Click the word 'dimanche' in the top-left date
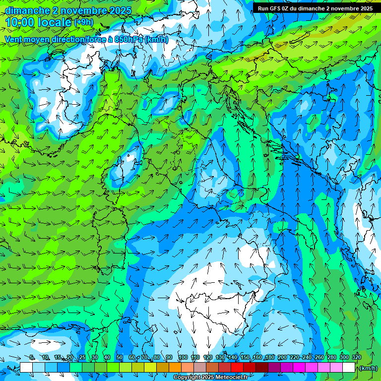[x=27, y=10]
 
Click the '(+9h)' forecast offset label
[x=84, y=22]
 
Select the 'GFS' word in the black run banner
[x=276, y=8]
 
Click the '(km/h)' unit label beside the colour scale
[x=368, y=368]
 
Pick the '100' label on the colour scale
[x=183, y=358]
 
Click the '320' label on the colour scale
[x=356, y=358]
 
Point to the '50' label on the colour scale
[x=120, y=358]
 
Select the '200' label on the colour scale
[x=282, y=358]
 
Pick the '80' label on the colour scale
[x=157, y=358]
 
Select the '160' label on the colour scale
[x=257, y=358]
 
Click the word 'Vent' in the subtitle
[x=14, y=39]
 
